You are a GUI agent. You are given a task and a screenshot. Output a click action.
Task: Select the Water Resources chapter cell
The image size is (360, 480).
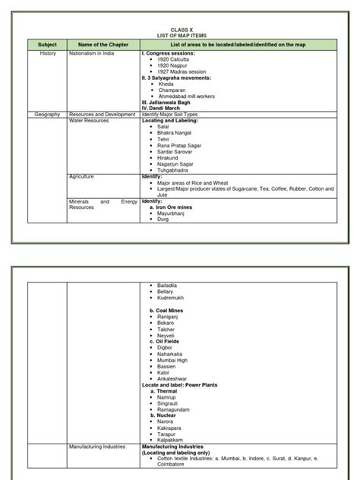[x=89, y=120]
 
